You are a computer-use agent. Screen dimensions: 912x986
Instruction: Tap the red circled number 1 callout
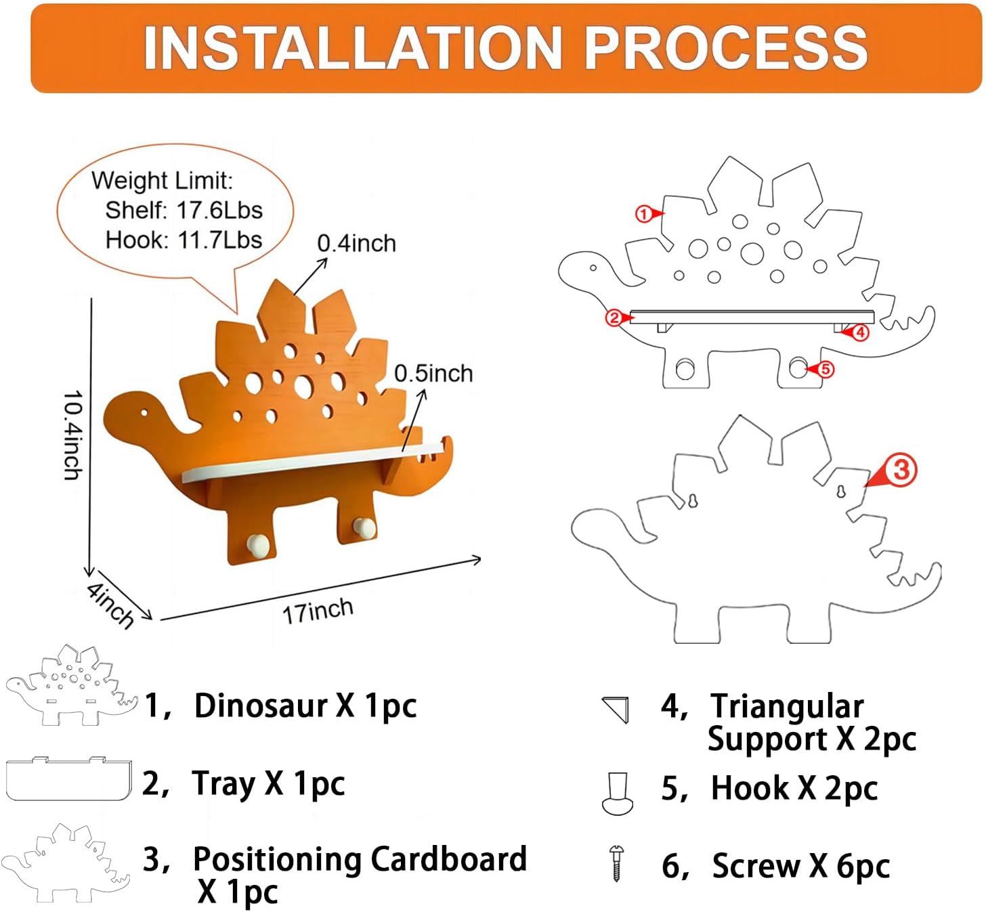[x=643, y=214]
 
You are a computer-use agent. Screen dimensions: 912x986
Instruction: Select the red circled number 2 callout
[x=614, y=317]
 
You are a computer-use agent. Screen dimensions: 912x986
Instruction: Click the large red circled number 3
[x=901, y=469]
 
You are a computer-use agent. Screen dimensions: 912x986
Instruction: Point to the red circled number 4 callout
[x=859, y=332]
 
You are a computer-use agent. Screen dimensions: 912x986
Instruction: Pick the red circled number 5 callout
[x=826, y=369]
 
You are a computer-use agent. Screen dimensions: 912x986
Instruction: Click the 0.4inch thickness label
[x=356, y=243]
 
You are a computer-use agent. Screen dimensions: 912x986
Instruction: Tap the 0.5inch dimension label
[x=433, y=373]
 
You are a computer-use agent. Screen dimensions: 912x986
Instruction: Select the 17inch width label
[x=318, y=611]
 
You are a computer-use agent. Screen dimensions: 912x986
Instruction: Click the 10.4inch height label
[x=72, y=435]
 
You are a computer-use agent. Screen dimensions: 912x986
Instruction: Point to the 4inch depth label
[x=110, y=605]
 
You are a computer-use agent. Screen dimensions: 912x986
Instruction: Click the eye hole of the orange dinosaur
[x=144, y=412]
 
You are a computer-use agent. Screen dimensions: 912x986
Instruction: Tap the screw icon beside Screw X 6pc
[x=616, y=863]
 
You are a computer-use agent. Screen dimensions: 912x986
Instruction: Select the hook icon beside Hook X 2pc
[x=617, y=794]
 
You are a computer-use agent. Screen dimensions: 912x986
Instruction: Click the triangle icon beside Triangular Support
[x=616, y=709]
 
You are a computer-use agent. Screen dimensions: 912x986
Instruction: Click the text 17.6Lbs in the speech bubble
[x=219, y=210]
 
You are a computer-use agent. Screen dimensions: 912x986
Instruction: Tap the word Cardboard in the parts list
[x=448, y=859]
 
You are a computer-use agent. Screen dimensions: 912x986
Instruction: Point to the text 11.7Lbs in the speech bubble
[x=219, y=240]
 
